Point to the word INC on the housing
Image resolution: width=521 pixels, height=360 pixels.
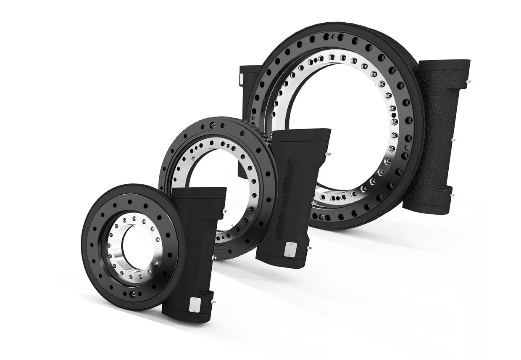pyautogui.click(x=293, y=162)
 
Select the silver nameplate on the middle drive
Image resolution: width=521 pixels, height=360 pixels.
pyautogui.click(x=289, y=249)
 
